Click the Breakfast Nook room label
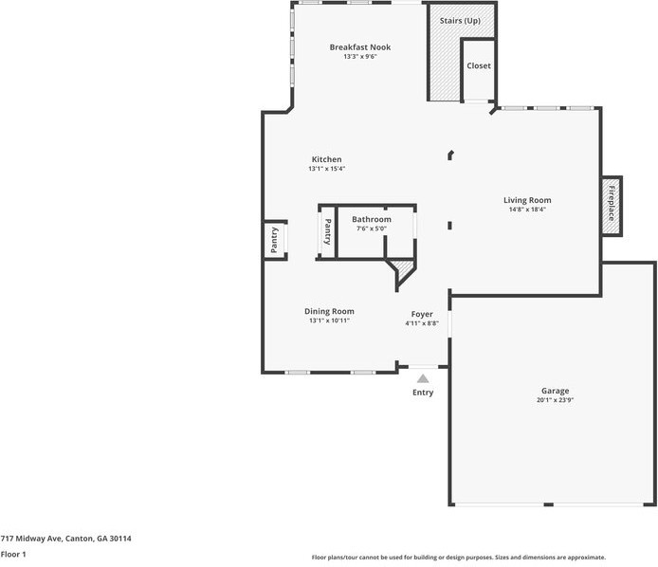(x=359, y=47)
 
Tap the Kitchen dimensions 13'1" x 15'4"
(x=326, y=169)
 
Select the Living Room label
(x=527, y=200)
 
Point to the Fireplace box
(x=612, y=205)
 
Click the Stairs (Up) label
(x=460, y=20)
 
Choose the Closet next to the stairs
(x=479, y=66)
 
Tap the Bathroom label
(x=372, y=219)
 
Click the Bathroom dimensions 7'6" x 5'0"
(x=372, y=229)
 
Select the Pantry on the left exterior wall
(x=275, y=240)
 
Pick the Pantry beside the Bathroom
(x=327, y=232)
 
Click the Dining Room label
(x=329, y=311)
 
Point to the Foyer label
(x=422, y=314)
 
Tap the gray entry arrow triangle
(x=423, y=378)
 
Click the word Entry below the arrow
(x=423, y=393)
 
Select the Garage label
(x=555, y=391)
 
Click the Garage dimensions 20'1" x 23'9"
(x=555, y=400)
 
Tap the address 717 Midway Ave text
(x=65, y=539)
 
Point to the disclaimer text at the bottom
(x=459, y=558)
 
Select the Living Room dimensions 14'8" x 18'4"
(x=527, y=210)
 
